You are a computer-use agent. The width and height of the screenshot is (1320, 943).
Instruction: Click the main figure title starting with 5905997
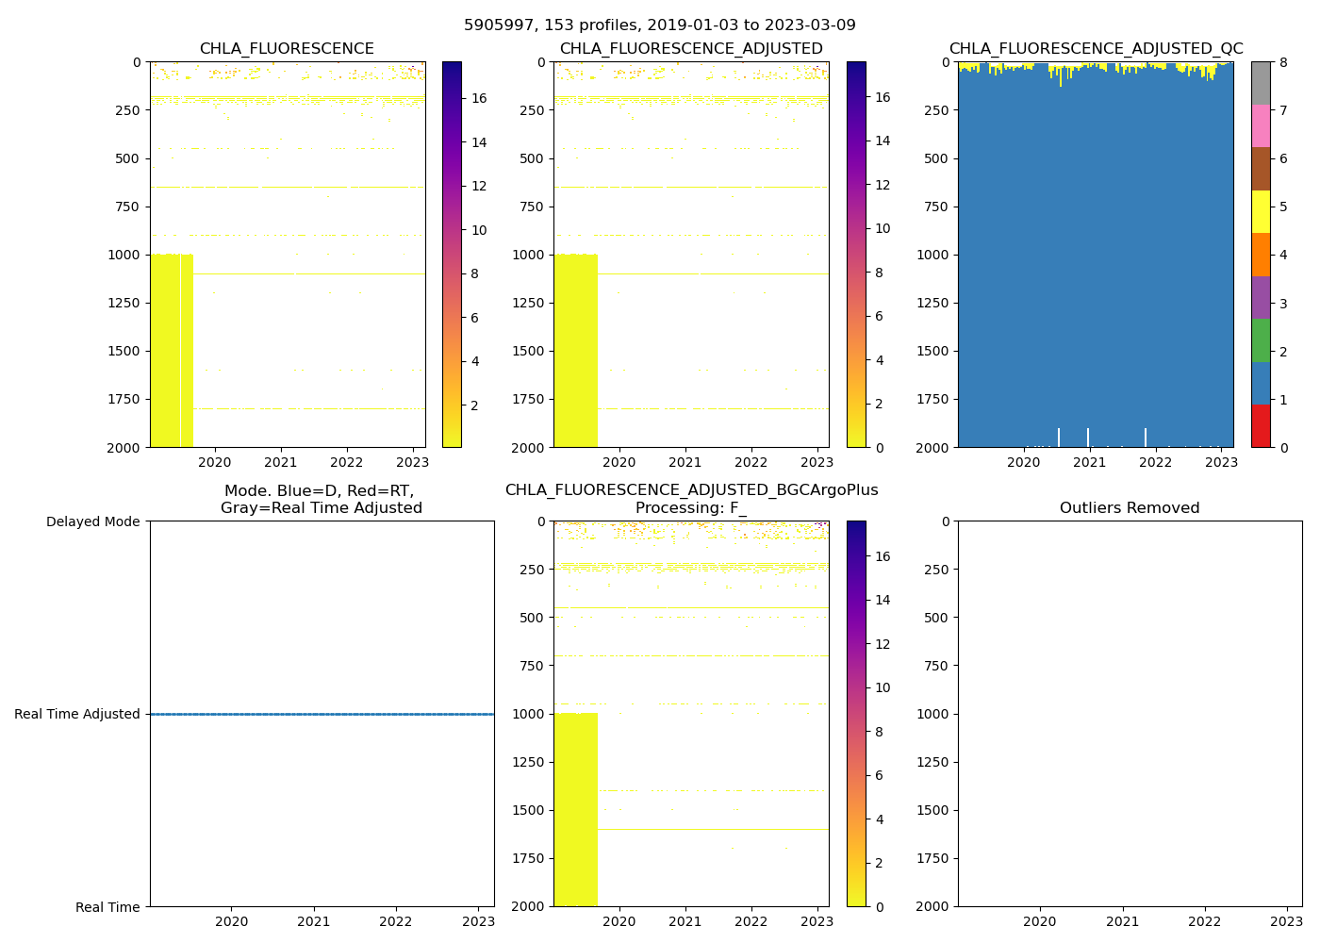click(x=660, y=25)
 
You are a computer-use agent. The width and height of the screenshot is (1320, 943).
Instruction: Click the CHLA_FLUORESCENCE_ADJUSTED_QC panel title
click(x=1096, y=49)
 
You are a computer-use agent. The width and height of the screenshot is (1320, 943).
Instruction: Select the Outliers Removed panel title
click(x=1130, y=508)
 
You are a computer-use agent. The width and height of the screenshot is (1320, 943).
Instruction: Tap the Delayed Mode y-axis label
click(x=92, y=521)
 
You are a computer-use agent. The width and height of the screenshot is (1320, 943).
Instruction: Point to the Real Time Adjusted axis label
click(x=77, y=714)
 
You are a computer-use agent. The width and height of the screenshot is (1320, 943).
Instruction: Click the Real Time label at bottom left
click(x=107, y=907)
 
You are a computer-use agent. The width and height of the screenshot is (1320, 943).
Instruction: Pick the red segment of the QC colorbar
click(x=1261, y=425)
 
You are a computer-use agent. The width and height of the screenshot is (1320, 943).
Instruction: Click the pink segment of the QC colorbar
click(x=1261, y=125)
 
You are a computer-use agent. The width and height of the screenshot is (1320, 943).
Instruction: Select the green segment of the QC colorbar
click(x=1261, y=340)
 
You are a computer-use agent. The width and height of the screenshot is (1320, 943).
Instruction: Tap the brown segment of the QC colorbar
click(x=1261, y=169)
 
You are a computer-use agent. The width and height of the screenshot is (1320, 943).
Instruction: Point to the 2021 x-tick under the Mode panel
click(x=314, y=921)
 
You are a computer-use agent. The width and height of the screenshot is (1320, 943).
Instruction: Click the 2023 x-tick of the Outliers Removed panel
click(x=1287, y=921)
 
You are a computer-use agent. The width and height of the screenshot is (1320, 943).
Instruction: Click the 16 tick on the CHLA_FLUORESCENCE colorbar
click(x=479, y=98)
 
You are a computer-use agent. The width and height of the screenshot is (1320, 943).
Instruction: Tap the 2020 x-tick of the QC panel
click(x=1024, y=462)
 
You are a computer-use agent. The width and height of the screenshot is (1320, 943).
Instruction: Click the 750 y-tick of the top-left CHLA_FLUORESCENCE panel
click(x=128, y=207)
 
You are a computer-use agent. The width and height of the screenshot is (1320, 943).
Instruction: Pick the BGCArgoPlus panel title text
click(x=691, y=490)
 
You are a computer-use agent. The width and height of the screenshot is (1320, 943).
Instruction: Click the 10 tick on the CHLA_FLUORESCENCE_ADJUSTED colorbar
click(x=883, y=228)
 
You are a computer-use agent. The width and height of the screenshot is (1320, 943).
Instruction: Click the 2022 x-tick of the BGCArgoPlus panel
click(x=751, y=921)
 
